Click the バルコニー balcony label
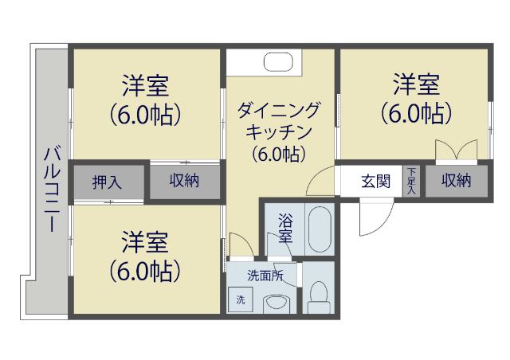(50, 188)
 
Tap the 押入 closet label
(107, 182)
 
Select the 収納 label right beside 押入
(183, 182)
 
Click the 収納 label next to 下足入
(457, 182)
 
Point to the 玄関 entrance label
(376, 182)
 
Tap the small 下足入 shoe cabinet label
(411, 181)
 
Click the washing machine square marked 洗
(239, 300)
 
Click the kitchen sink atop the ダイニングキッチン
(279, 63)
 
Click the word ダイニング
(279, 109)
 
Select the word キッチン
(279, 131)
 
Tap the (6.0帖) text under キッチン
(279, 153)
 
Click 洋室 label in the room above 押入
(146, 84)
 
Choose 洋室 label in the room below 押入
(146, 241)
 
